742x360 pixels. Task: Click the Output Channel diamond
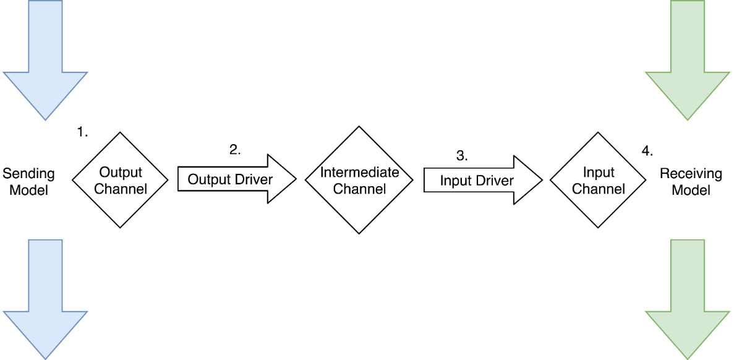tap(121, 180)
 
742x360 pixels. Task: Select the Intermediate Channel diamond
tap(359, 180)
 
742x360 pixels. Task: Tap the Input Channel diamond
tap(598, 180)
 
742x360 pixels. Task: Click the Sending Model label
tap(28, 182)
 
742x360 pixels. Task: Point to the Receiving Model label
tap(691, 182)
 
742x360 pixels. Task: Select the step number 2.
tap(235, 149)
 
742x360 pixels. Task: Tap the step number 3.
tap(462, 156)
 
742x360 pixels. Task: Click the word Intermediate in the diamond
tap(359, 172)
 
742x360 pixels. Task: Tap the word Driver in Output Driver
tap(254, 180)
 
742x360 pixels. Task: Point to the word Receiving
tap(691, 174)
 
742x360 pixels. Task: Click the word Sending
tap(28, 174)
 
